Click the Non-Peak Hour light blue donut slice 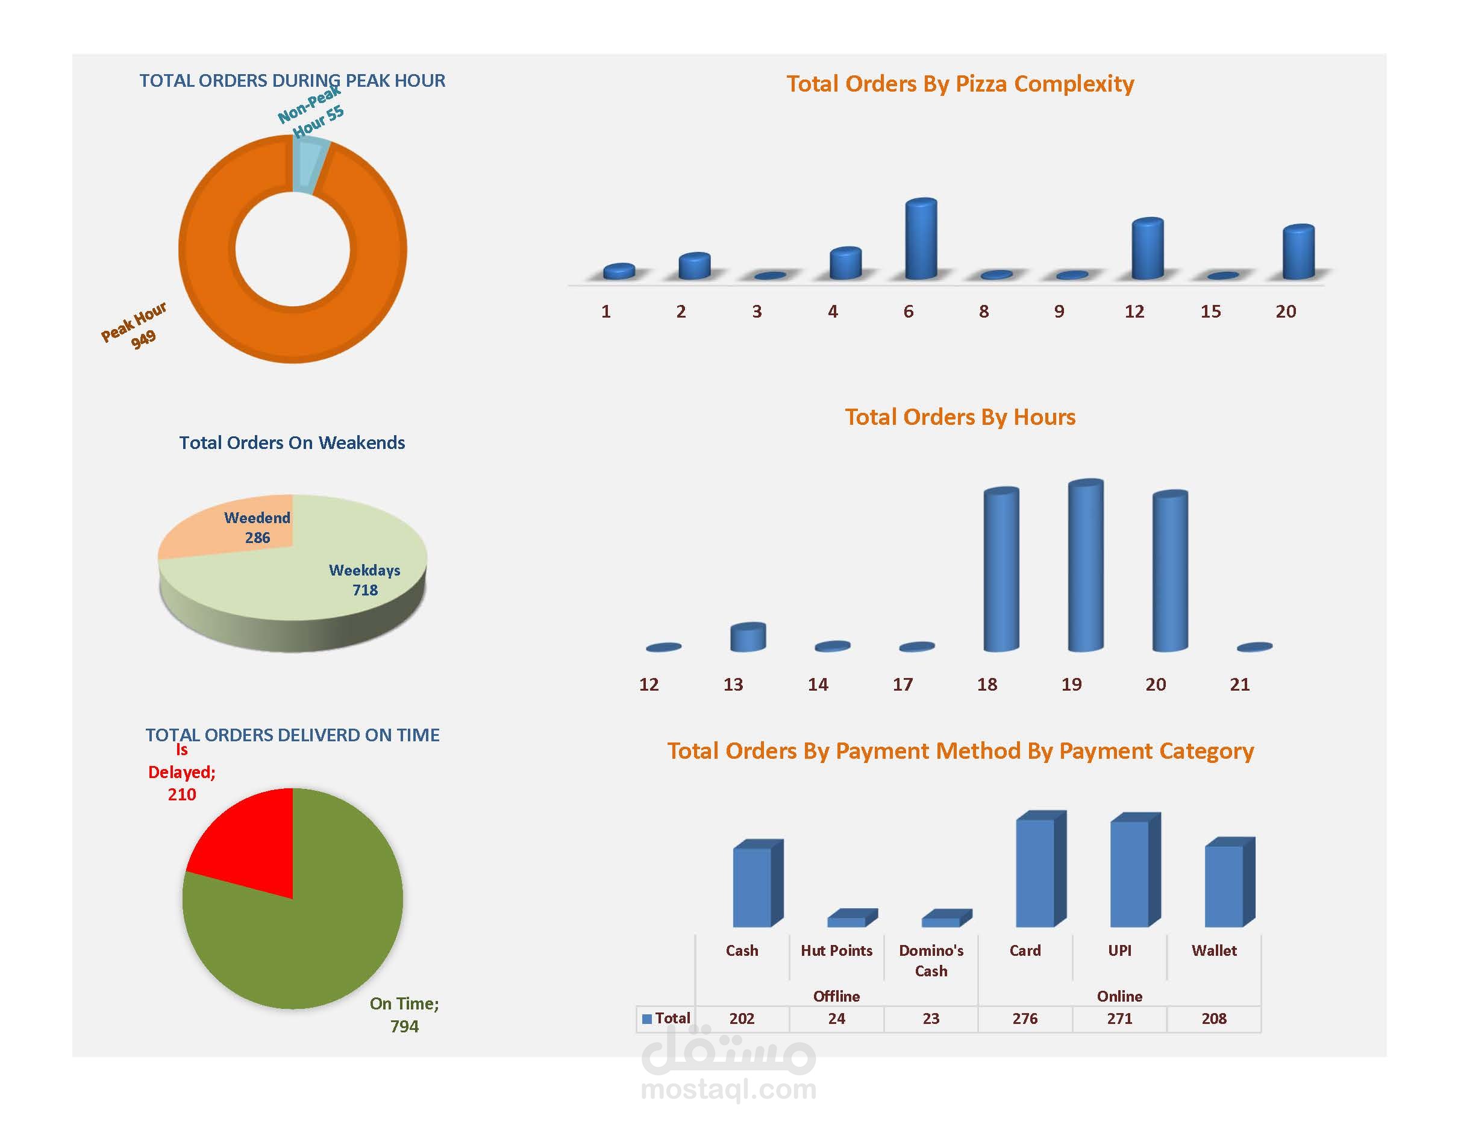click(x=309, y=163)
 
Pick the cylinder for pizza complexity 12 click(x=1148, y=248)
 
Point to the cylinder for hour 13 click(x=748, y=637)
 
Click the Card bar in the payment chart click(x=1036, y=872)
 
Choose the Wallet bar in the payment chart click(x=1224, y=885)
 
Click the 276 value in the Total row click(x=1025, y=1018)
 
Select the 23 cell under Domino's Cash click(x=931, y=1018)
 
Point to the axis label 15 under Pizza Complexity click(x=1210, y=311)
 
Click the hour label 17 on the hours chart click(x=903, y=685)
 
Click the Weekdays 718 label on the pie click(x=364, y=580)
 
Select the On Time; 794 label click(x=404, y=1014)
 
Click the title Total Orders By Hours click(x=960, y=416)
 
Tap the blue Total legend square click(x=646, y=1019)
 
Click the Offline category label click(x=836, y=996)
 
